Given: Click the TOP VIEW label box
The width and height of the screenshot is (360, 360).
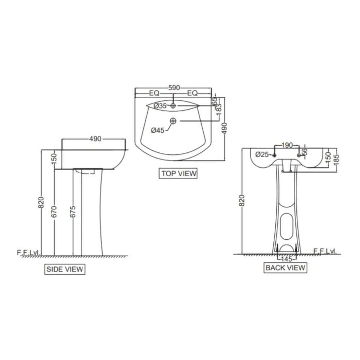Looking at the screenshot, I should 178,173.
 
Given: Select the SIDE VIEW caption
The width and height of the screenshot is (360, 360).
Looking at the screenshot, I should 64,269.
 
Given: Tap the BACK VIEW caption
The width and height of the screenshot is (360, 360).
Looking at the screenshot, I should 285,268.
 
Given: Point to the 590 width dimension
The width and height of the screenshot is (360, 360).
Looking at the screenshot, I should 174,88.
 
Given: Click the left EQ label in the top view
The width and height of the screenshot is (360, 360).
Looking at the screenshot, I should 154,93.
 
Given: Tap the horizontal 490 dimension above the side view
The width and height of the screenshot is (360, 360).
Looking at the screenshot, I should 95,139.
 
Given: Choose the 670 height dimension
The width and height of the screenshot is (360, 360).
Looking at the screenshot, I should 54,211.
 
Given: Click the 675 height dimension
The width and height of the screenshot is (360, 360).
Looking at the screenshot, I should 73,211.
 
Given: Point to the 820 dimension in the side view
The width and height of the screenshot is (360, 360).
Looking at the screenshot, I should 42,202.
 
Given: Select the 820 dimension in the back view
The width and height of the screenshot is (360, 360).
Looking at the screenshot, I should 242,201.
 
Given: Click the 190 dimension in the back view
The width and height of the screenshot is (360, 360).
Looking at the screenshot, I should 287,145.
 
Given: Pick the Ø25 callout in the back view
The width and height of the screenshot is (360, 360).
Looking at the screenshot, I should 262,155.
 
